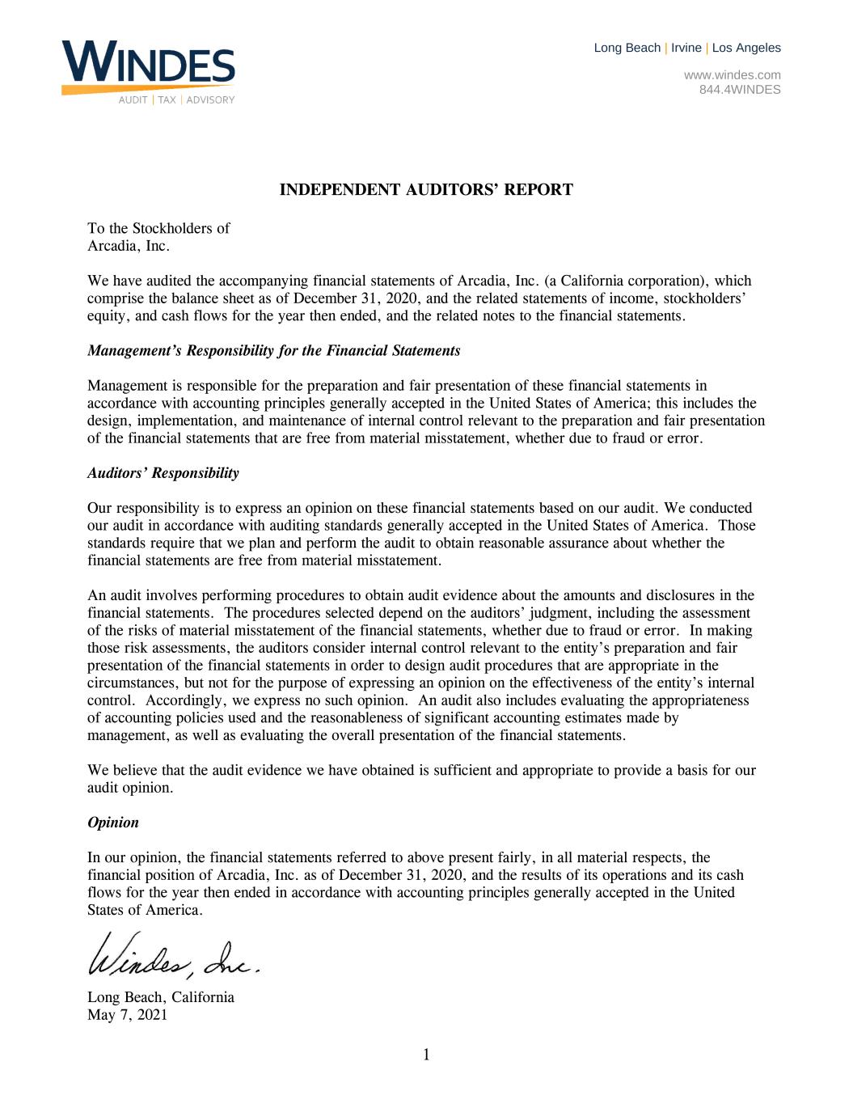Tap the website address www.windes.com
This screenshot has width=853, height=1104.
[732, 75]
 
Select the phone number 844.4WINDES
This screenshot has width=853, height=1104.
[739, 90]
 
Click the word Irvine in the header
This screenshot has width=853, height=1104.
[686, 48]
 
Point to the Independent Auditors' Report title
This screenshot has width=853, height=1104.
[426, 190]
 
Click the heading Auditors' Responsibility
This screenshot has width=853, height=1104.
[163, 473]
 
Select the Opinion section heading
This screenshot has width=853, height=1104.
[112, 823]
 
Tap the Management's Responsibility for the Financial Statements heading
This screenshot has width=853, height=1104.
[273, 351]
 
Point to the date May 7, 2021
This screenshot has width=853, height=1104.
[127, 1014]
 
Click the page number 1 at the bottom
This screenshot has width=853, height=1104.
[426, 1055]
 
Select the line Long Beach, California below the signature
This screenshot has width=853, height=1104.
[160, 997]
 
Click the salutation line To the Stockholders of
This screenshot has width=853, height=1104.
[158, 228]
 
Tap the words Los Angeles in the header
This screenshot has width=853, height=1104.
[746, 48]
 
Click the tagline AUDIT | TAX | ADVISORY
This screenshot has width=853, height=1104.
[176, 100]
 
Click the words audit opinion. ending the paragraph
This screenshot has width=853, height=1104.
[129, 788]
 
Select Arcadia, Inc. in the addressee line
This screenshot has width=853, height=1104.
[128, 246]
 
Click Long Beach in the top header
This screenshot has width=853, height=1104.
[627, 48]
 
